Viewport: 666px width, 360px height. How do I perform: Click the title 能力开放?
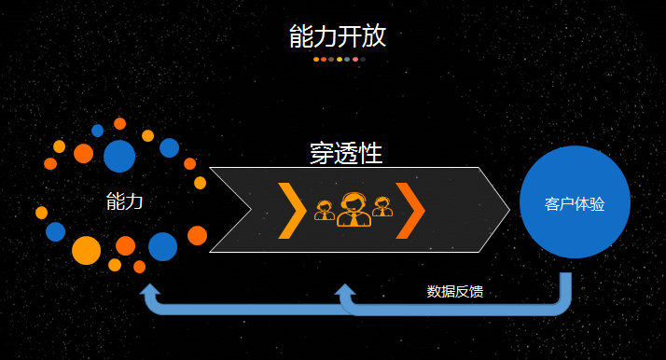coord(337,36)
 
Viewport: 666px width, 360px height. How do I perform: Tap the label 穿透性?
coord(346,154)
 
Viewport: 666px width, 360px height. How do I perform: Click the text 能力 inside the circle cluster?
coord(125,201)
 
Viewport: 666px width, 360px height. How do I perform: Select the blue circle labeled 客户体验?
coord(575,202)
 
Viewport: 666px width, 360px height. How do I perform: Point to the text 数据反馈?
coord(455,291)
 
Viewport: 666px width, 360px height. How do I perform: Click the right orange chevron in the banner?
coord(410,210)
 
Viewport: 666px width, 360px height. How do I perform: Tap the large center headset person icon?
coord(353,209)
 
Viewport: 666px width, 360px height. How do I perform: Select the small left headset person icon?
coord(325,211)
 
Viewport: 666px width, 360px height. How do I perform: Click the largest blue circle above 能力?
coord(119,156)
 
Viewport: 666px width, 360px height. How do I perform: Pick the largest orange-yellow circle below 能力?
coord(86,250)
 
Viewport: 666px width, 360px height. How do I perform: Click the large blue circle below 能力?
coord(162,246)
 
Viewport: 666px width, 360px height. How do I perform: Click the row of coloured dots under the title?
coord(340,59)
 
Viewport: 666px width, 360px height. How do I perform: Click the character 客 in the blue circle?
coord(551,203)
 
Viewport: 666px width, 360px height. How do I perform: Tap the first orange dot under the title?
coord(316,59)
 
